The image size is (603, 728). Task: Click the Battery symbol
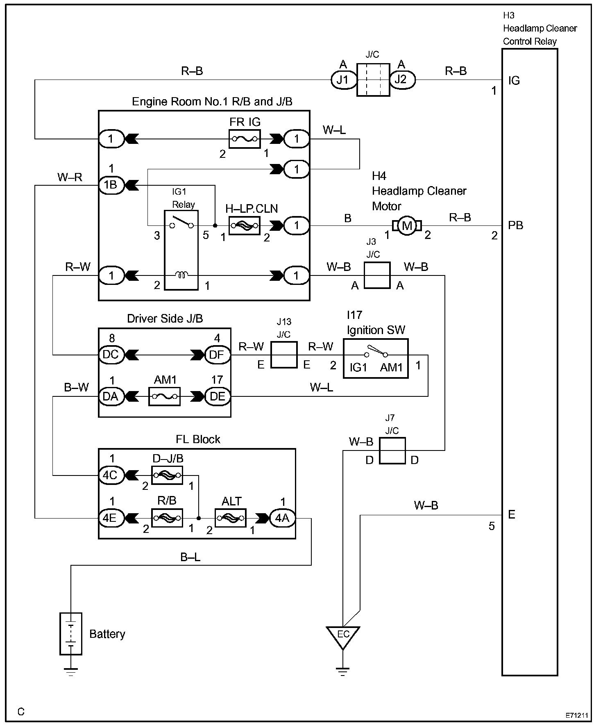pos(71,634)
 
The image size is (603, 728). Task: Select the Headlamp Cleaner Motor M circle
pos(407,225)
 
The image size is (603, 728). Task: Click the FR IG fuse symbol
pos(245,139)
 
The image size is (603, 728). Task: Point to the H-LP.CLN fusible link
pos(245,225)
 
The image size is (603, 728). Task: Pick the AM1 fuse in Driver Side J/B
pos(164,396)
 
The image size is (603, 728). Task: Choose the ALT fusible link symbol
pos(231,519)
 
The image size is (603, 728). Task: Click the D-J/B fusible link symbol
pos(167,475)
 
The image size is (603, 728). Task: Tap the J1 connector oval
pos(343,80)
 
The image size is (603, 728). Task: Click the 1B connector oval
pos(111,185)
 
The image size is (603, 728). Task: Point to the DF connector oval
pos(217,355)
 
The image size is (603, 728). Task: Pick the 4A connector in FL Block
pos(282,519)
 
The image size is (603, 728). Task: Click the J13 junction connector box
pos(284,355)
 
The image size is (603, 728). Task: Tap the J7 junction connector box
pos(392,450)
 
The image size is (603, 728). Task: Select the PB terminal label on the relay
pos(515,225)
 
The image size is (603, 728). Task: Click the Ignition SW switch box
pos(376,358)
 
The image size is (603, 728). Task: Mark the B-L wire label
pos(190,557)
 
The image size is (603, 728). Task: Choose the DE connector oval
pos(217,396)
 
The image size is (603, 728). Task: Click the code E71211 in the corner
pos(576,715)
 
